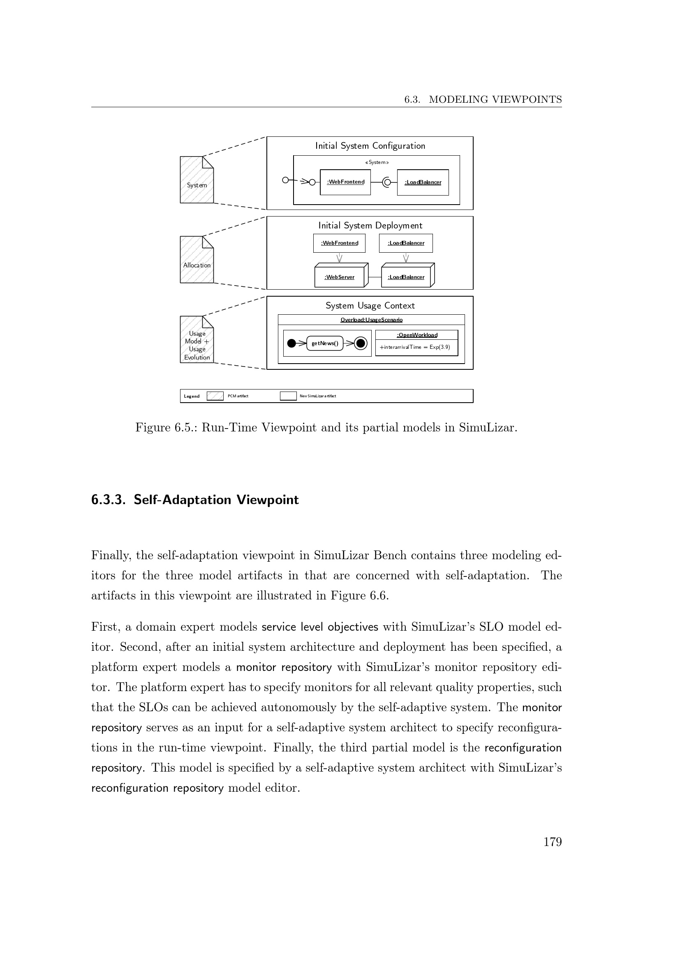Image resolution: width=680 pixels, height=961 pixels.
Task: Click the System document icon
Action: (197, 180)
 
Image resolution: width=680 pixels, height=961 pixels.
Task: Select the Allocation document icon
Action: (197, 260)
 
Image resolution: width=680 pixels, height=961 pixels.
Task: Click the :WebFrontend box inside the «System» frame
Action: (345, 182)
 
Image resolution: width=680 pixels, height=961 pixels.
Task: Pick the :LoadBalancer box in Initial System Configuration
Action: (423, 182)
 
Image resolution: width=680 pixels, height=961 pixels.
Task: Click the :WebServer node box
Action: (339, 277)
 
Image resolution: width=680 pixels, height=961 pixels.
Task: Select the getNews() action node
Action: (324, 343)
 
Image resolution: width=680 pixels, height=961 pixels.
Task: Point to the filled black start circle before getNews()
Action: (291, 343)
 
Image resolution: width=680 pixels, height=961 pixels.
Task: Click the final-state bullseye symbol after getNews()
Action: (361, 343)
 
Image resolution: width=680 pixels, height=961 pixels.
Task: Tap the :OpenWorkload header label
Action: (416, 335)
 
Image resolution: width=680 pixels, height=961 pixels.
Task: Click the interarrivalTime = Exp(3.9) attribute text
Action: (415, 348)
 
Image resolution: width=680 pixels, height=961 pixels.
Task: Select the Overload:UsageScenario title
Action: (371, 320)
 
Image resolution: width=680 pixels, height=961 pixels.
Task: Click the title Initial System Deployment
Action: (370, 226)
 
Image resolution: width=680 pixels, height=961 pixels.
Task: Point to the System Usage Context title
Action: (370, 306)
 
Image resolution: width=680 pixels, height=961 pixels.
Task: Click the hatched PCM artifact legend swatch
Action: (215, 396)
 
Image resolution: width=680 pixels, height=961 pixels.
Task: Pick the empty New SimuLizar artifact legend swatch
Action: (288, 396)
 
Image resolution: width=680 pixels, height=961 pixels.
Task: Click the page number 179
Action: (552, 842)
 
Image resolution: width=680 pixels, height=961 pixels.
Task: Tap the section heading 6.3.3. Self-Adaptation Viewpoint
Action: (195, 500)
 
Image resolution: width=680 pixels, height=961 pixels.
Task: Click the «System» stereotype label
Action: (377, 162)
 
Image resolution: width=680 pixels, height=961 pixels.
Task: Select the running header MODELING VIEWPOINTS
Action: (495, 99)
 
